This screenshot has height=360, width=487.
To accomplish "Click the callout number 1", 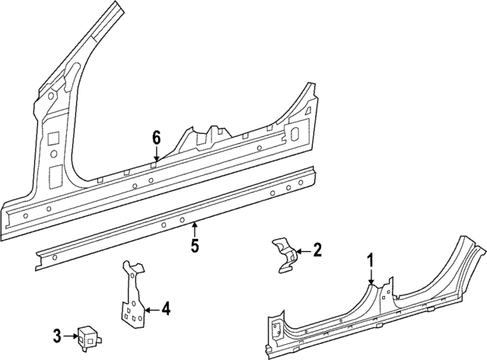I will coord(371,261).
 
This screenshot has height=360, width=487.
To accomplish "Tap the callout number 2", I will coord(317,249).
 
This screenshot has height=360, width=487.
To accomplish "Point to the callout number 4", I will coord(165,309).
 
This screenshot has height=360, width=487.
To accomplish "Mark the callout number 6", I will coord(156,138).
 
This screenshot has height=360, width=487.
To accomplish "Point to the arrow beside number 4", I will coord(151,309).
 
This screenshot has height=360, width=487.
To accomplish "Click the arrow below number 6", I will coord(156,155).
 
